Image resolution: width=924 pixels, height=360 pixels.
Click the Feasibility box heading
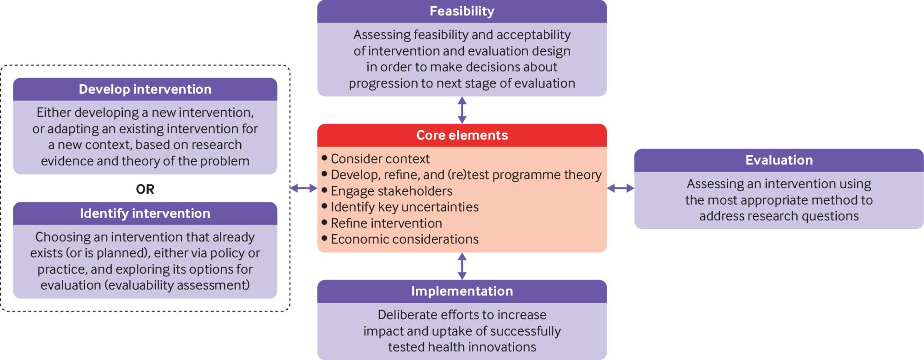[462, 11]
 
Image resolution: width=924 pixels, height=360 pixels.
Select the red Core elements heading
[462, 135]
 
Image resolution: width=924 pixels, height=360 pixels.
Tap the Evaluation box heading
[779, 160]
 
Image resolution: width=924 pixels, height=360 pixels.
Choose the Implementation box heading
[462, 291]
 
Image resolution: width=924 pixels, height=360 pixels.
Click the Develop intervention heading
[145, 89]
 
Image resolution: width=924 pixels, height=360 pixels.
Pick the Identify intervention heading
[145, 213]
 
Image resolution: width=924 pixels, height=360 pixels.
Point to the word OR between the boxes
[145, 189]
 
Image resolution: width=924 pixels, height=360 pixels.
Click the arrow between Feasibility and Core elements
[462, 110]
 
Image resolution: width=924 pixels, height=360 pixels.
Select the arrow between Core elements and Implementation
[462, 266]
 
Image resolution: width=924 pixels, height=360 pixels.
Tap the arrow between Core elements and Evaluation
[620, 188]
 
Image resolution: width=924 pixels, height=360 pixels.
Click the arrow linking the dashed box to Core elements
[304, 188]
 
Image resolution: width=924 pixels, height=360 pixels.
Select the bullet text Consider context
[380, 159]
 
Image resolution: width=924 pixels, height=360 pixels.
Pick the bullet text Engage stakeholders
[391, 191]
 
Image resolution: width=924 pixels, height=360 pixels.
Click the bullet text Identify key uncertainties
[405, 207]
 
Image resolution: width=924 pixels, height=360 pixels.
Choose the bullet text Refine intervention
[386, 223]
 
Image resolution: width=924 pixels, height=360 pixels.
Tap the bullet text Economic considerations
[405, 239]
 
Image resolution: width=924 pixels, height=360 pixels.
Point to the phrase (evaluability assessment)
[177, 285]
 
